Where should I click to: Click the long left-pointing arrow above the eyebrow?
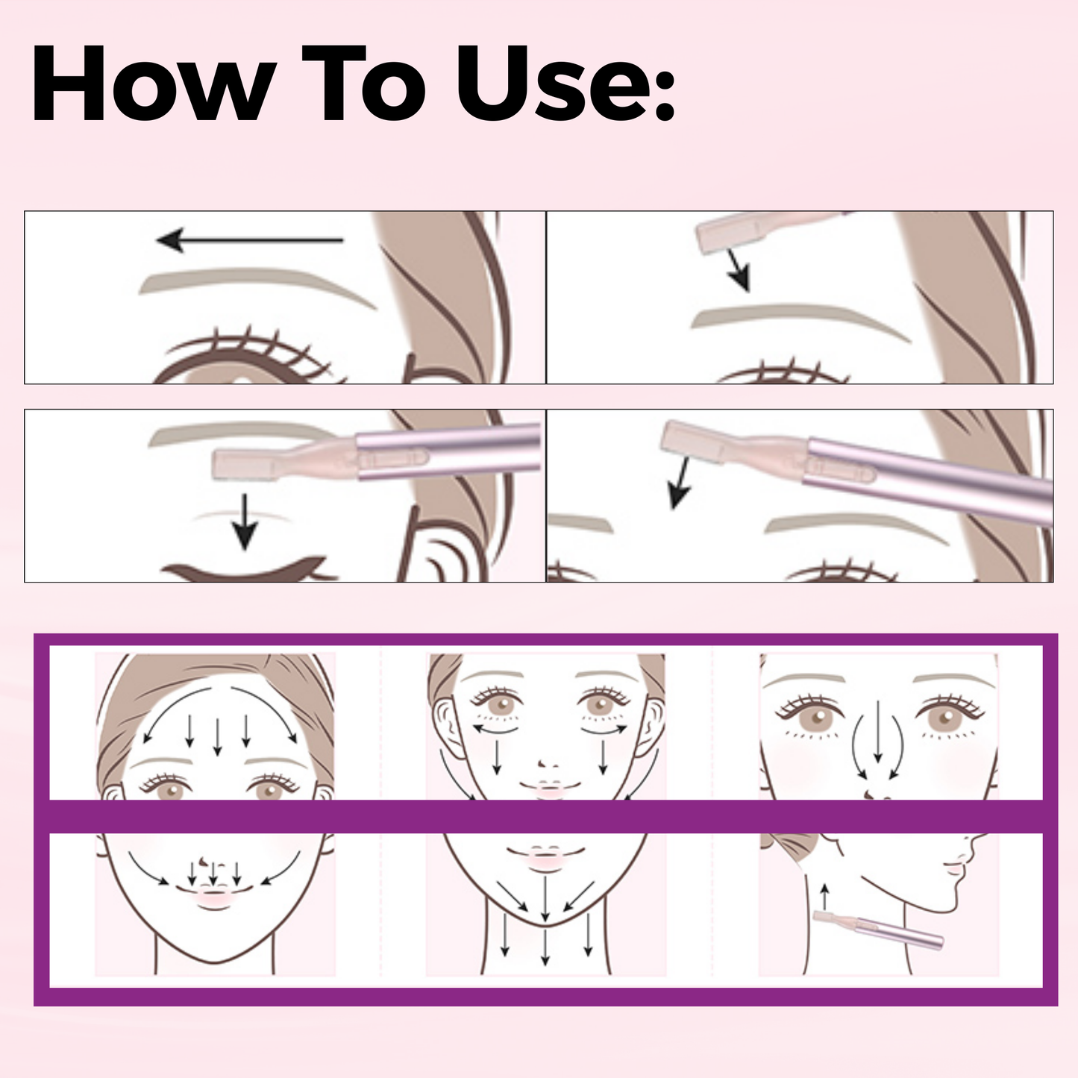(250, 240)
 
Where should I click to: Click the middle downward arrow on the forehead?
(217, 735)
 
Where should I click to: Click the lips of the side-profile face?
(953, 868)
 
